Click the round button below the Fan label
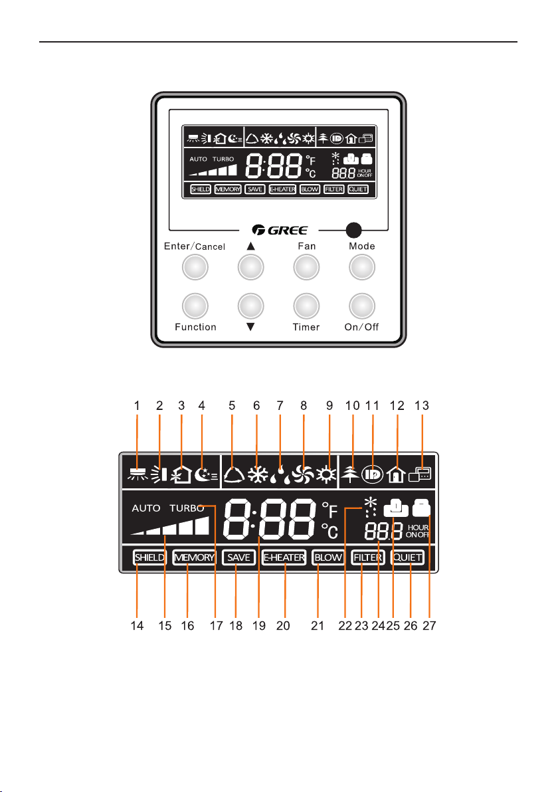click(306, 268)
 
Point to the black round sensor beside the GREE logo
click(353, 230)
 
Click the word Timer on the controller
click(306, 327)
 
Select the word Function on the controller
click(195, 327)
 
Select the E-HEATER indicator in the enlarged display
click(284, 558)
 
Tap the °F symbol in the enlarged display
click(330, 510)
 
